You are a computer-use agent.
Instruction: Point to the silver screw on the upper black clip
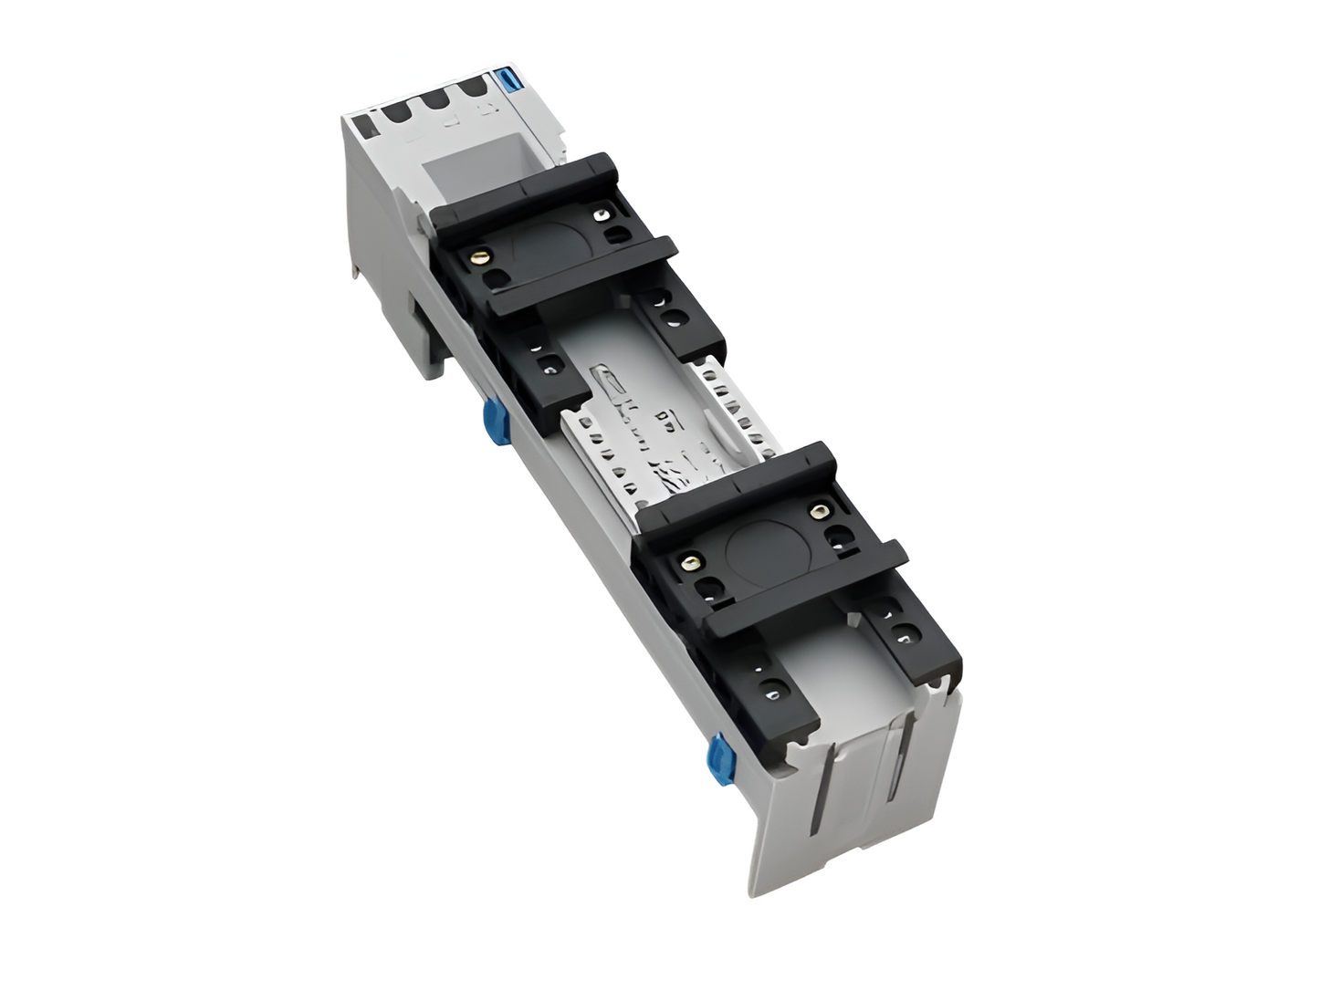coord(601,215)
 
